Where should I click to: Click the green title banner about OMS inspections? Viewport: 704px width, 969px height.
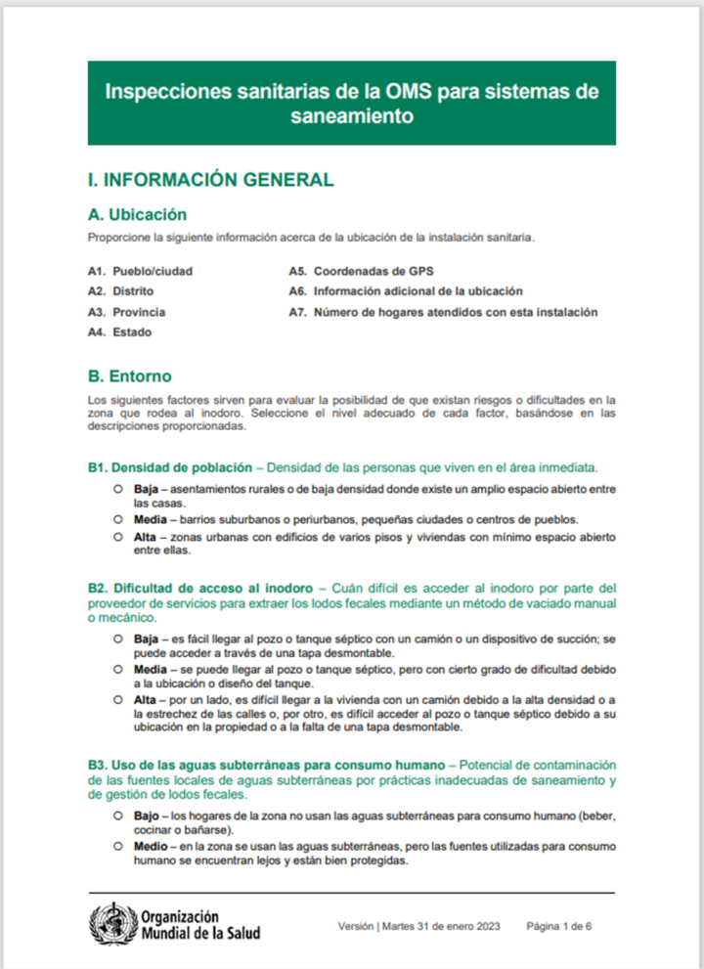[x=351, y=103]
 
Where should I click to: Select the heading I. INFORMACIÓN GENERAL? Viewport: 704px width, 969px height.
[x=210, y=180]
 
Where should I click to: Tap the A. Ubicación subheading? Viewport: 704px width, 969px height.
[x=137, y=214]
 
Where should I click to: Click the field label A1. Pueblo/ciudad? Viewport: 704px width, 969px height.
[x=140, y=270]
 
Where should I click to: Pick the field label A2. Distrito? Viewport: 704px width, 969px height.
[x=120, y=291]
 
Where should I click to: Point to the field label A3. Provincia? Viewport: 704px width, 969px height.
[x=126, y=312]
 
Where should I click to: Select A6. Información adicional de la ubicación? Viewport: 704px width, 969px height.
[x=405, y=291]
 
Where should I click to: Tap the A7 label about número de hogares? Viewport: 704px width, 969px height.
[x=442, y=312]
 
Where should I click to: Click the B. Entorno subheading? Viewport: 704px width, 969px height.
[x=129, y=375]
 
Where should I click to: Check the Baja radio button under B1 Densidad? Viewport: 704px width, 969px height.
[x=116, y=487]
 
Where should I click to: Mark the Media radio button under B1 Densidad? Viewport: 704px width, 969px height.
[x=116, y=518]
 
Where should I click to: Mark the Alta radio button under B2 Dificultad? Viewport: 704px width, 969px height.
[x=116, y=700]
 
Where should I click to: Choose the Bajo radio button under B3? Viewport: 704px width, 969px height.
[x=116, y=815]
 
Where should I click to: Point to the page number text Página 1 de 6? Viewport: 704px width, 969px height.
[x=559, y=926]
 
